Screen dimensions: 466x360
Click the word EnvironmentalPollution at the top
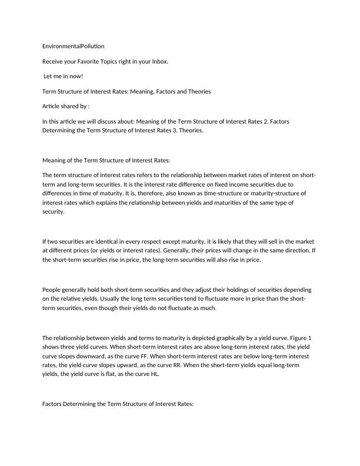(x=74, y=46)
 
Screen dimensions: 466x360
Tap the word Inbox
(x=158, y=61)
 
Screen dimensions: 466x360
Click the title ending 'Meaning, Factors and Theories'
(x=126, y=91)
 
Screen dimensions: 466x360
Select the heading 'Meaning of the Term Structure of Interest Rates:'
(x=114, y=159)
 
